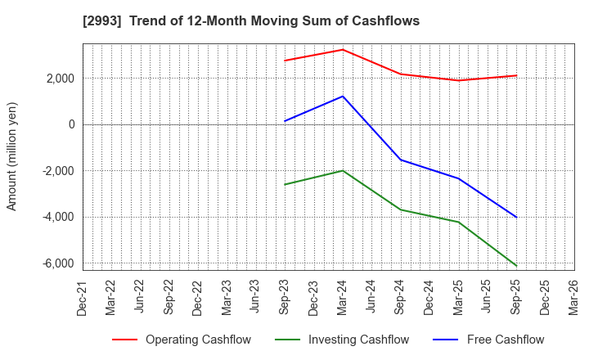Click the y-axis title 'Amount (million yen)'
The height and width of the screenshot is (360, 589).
coord(11,156)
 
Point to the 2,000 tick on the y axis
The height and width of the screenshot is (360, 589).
coord(58,79)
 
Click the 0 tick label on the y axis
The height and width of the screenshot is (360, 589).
coord(70,124)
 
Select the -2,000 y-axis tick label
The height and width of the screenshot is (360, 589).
coord(56,171)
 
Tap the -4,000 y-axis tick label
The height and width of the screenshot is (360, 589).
coord(56,217)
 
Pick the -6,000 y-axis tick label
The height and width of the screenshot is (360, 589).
coord(56,263)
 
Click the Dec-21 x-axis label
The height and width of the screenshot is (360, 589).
coord(83,296)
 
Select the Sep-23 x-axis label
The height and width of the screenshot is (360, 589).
coord(285,296)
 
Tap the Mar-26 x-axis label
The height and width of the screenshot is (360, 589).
coord(574,296)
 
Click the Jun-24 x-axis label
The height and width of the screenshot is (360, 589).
coord(371,296)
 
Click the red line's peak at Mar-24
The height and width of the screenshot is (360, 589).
coord(343,49)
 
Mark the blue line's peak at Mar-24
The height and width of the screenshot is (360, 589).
coord(343,97)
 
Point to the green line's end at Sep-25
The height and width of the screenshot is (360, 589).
coord(516,266)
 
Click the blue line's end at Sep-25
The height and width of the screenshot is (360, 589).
coord(516,218)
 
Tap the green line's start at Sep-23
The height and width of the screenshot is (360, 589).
coord(285,184)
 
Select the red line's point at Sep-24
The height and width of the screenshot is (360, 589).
coord(401,74)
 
